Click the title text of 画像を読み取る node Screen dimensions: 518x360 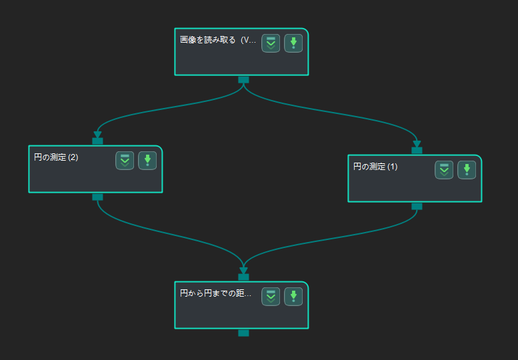click(x=218, y=40)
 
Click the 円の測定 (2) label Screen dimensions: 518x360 click(x=56, y=157)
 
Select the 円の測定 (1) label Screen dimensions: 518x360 click(x=375, y=167)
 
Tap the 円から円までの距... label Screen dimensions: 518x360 click(x=216, y=293)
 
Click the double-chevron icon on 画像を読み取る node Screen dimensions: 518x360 click(x=271, y=43)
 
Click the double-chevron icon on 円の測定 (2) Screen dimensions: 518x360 click(x=125, y=161)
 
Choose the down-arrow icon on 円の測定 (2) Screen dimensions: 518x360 click(x=147, y=161)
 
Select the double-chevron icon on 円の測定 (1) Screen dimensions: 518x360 click(x=444, y=170)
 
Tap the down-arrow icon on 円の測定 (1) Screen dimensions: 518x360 click(x=467, y=170)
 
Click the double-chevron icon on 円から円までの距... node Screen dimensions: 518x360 click(x=271, y=297)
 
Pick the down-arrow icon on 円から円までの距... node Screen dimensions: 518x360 click(x=293, y=297)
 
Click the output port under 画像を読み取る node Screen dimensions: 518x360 click(x=243, y=80)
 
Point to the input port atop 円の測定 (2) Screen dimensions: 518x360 click(x=97, y=141)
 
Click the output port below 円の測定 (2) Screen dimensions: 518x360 click(x=97, y=197)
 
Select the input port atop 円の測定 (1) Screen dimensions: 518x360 click(x=417, y=150)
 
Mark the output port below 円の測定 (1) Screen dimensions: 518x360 click(x=417, y=207)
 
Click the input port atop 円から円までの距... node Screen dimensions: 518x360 click(x=243, y=277)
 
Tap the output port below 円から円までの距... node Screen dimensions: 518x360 click(x=243, y=333)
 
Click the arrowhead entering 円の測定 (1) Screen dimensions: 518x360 click(x=417, y=144)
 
